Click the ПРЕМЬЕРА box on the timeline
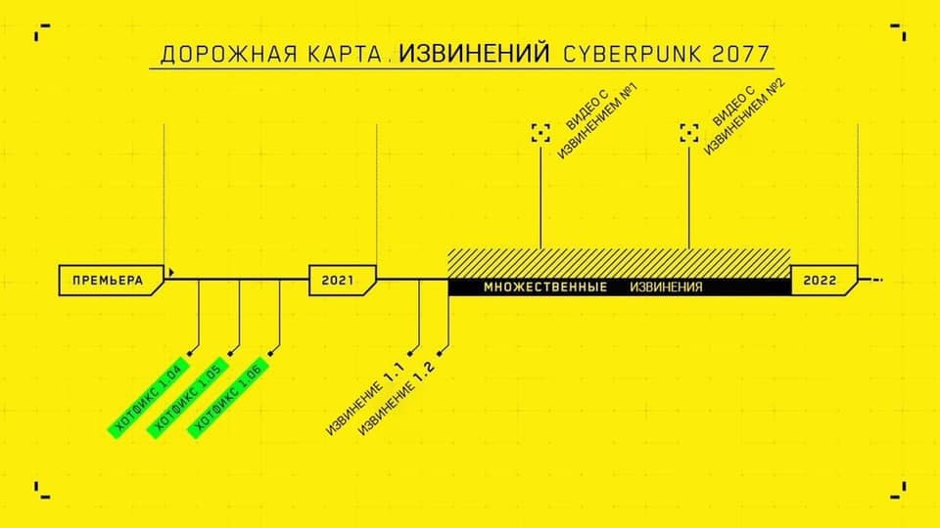click(x=108, y=281)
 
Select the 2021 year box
click(x=338, y=281)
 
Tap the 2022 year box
click(x=821, y=281)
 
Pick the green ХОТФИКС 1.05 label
click(x=187, y=397)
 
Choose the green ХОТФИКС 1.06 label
click(x=227, y=396)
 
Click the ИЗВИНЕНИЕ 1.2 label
click(x=397, y=402)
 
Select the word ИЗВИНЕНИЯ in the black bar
click(x=666, y=287)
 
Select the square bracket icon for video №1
click(x=540, y=133)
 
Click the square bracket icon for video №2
click(x=689, y=133)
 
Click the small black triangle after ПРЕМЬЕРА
click(x=172, y=272)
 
